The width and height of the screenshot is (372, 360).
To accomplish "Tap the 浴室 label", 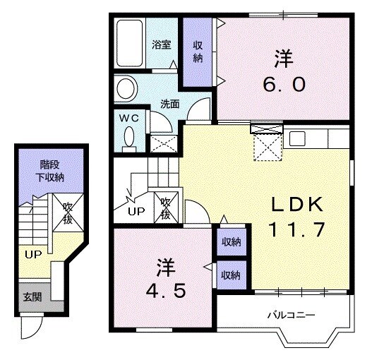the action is (x=162, y=45).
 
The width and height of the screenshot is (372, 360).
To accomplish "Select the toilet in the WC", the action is (x=129, y=140).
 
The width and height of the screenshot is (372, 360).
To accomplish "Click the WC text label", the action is (x=129, y=118).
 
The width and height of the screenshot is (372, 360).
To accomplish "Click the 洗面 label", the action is (x=170, y=104).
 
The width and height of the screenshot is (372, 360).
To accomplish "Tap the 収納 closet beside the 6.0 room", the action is (x=198, y=52).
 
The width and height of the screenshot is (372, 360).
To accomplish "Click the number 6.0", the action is (x=284, y=85).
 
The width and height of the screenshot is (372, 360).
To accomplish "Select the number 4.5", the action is (x=165, y=292).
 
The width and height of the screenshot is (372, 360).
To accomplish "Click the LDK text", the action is (x=297, y=205).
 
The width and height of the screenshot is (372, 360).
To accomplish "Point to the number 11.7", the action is (x=296, y=229).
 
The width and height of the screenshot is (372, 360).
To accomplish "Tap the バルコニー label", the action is (x=292, y=315).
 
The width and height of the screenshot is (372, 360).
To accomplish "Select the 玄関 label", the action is (x=32, y=296).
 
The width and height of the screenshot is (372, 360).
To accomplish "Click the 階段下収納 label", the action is (x=50, y=171).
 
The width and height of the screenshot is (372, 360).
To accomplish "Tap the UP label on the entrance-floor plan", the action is (x=33, y=255).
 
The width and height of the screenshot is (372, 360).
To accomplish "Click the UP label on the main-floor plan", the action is (x=136, y=211).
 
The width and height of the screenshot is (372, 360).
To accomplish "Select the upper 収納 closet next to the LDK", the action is (x=231, y=242).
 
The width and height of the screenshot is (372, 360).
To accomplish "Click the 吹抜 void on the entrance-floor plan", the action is (x=68, y=212).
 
